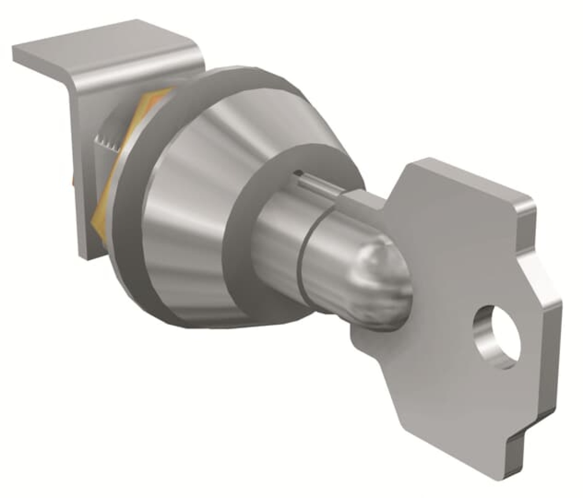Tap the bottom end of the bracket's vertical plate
(85, 250)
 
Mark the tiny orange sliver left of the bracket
(73, 182)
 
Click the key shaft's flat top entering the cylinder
(360, 194)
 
